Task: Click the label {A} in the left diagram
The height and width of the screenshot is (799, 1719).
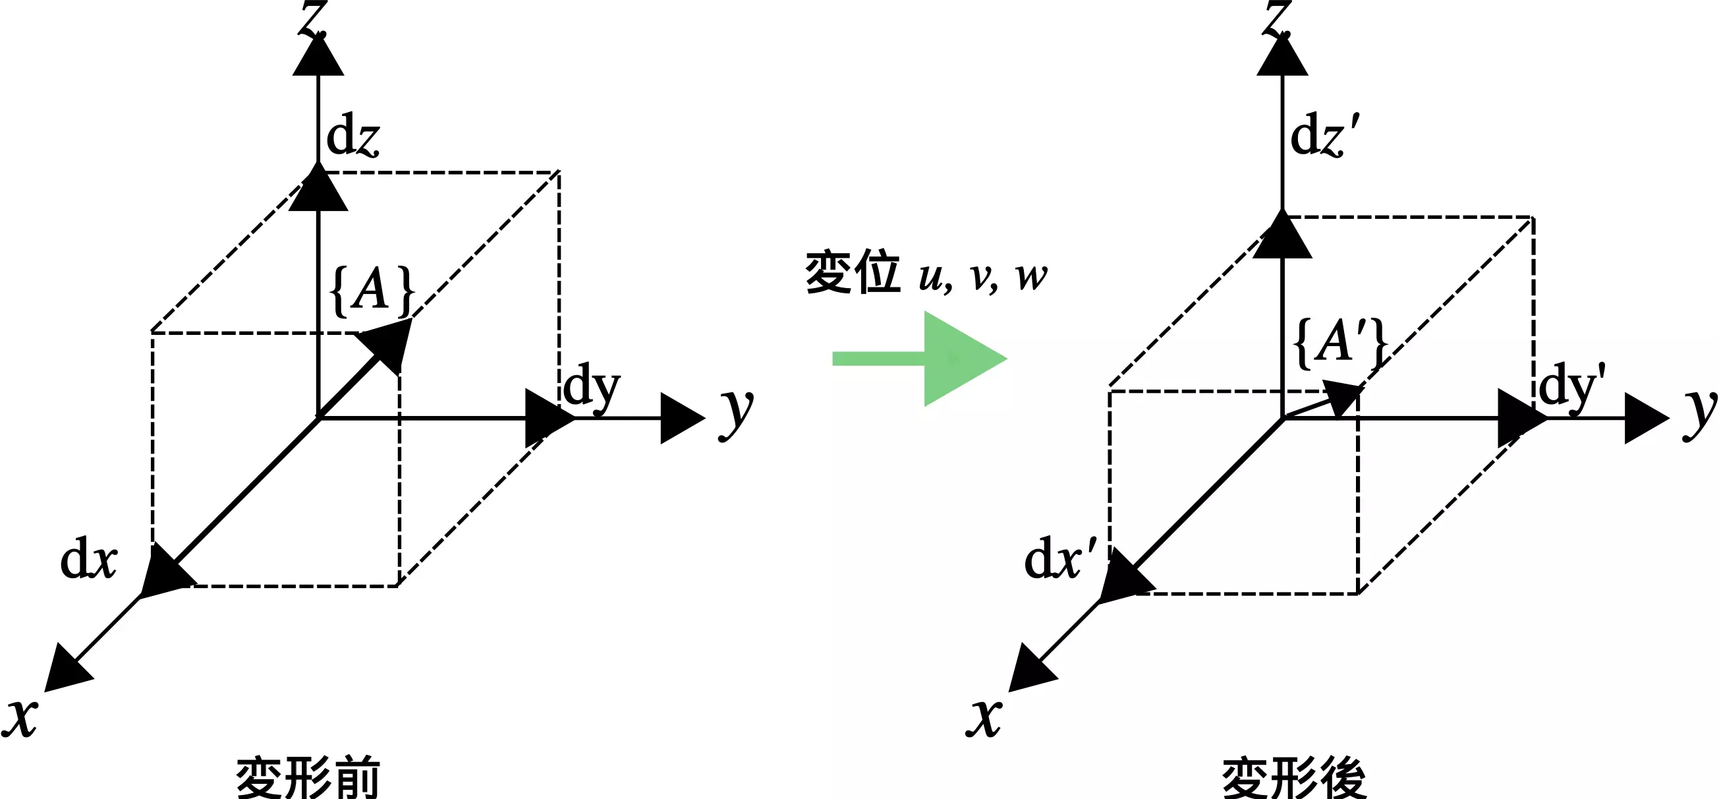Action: (x=372, y=291)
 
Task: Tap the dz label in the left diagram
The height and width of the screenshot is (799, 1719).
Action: (x=353, y=136)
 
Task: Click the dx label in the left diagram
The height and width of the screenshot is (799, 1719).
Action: (x=89, y=560)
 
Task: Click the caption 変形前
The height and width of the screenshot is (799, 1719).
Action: (x=308, y=779)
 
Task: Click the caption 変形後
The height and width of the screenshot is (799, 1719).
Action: (x=1294, y=779)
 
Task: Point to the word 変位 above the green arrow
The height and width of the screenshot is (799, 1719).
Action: (x=853, y=273)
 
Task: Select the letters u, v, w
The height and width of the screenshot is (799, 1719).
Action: (x=983, y=276)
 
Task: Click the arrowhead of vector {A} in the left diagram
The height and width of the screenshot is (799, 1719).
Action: (x=389, y=341)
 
